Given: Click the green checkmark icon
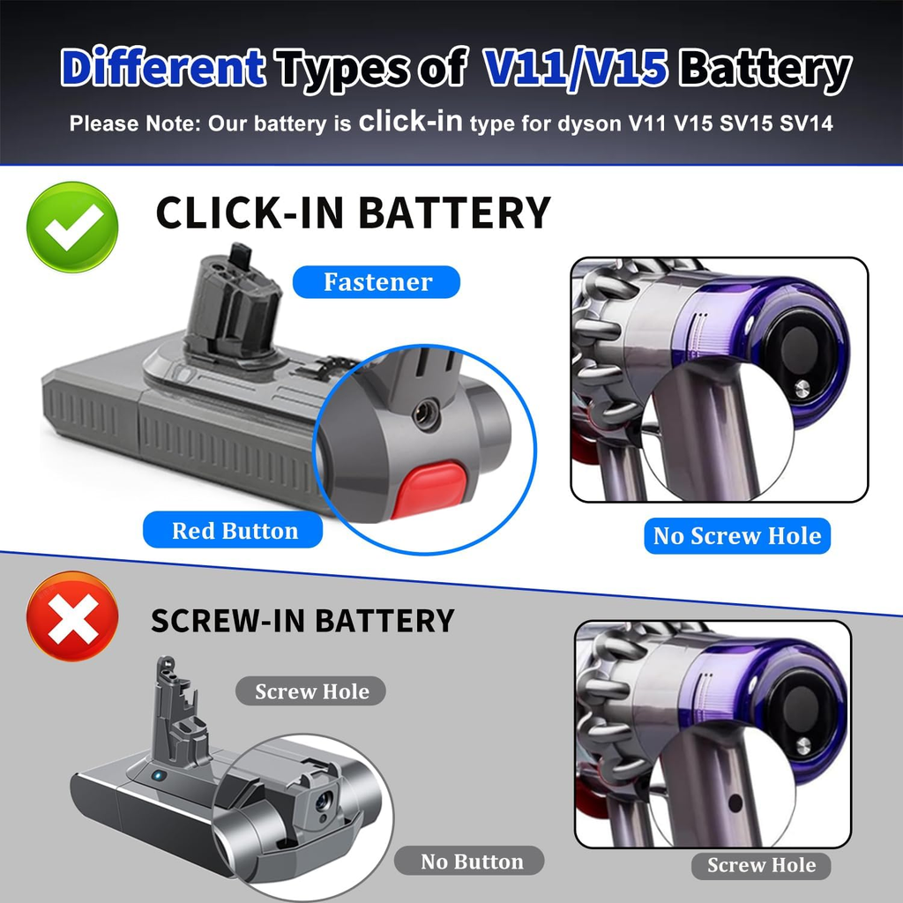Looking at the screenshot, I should tap(72, 227).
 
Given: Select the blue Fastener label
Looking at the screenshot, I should tap(377, 282).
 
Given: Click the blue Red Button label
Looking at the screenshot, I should tap(235, 531).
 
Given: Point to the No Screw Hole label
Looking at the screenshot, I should tap(736, 535).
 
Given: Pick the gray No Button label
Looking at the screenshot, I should tap(472, 862).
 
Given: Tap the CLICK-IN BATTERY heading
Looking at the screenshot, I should tap(353, 213).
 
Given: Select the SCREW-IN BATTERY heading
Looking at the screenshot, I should tap(302, 620).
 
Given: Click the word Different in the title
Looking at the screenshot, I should tap(164, 69).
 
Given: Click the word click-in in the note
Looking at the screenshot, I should tap(410, 122).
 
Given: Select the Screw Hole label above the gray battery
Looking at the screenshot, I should tap(311, 691).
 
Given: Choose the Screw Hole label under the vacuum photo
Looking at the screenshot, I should tap(760, 865).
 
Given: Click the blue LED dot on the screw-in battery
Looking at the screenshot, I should tap(155, 776).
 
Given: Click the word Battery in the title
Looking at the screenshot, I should tap(767, 69).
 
